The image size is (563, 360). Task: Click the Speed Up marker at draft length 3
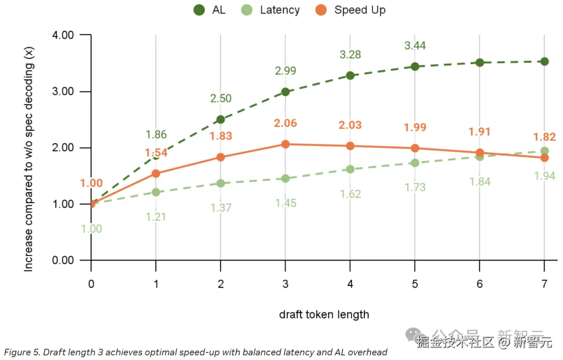(x=285, y=144)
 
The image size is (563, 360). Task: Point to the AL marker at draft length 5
(x=415, y=66)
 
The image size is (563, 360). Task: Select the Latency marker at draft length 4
(x=350, y=169)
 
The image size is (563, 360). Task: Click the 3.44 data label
(x=415, y=46)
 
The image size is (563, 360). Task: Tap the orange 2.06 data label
(x=285, y=123)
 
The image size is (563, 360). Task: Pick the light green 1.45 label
(x=285, y=203)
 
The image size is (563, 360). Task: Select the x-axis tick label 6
(x=480, y=284)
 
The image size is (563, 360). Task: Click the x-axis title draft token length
(x=324, y=314)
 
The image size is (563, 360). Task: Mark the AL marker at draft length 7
(x=544, y=61)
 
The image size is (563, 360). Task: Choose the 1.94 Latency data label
(x=544, y=176)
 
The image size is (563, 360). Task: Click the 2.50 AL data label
(x=221, y=98)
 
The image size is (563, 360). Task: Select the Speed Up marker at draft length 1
(x=156, y=173)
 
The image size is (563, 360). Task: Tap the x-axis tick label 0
(x=91, y=284)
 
